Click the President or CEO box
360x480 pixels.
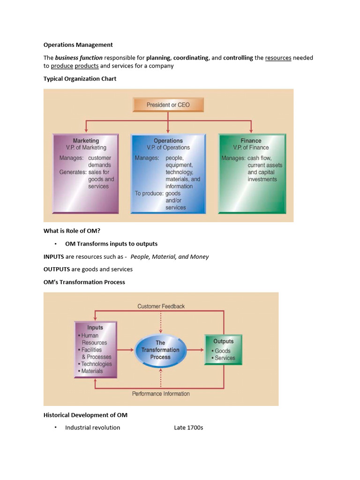coord(168,105)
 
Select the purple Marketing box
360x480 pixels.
coord(86,174)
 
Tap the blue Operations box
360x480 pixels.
coord(168,174)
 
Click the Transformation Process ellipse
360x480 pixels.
coord(160,350)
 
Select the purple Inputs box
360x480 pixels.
coord(95,349)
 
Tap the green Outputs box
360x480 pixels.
coord(223,350)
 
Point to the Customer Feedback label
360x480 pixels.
coord(161,306)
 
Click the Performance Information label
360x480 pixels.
coord(161,394)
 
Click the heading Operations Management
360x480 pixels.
coord(78,45)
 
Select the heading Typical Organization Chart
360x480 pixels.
coord(80,79)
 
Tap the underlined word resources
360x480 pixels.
coord(278,58)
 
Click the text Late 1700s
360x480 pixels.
coord(188,427)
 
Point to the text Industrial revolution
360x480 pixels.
coord(92,427)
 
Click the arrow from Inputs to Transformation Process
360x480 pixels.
coord(125,350)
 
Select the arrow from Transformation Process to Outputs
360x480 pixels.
coord(195,350)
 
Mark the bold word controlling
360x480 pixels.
coord(238,58)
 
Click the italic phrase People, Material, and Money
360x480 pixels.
coord(170,256)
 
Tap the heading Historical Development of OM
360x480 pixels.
coord(85,415)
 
